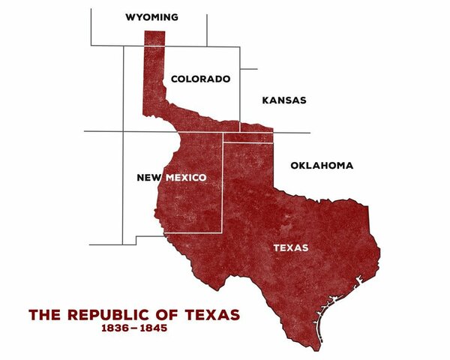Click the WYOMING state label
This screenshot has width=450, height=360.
point(152,16)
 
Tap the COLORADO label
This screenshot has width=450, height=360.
point(200,79)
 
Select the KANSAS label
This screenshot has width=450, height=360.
point(284,100)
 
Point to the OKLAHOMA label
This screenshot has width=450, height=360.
point(321,165)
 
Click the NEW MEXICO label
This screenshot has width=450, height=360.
point(171,178)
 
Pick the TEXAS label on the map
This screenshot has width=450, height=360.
point(290,247)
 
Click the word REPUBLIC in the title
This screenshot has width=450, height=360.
point(104,314)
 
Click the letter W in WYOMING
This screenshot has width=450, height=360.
point(130,16)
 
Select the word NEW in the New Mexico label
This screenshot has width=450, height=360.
point(148,178)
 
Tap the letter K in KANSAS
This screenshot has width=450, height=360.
point(265,100)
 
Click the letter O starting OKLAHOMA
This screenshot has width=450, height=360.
point(294,165)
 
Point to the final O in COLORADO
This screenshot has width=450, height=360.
point(225,79)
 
